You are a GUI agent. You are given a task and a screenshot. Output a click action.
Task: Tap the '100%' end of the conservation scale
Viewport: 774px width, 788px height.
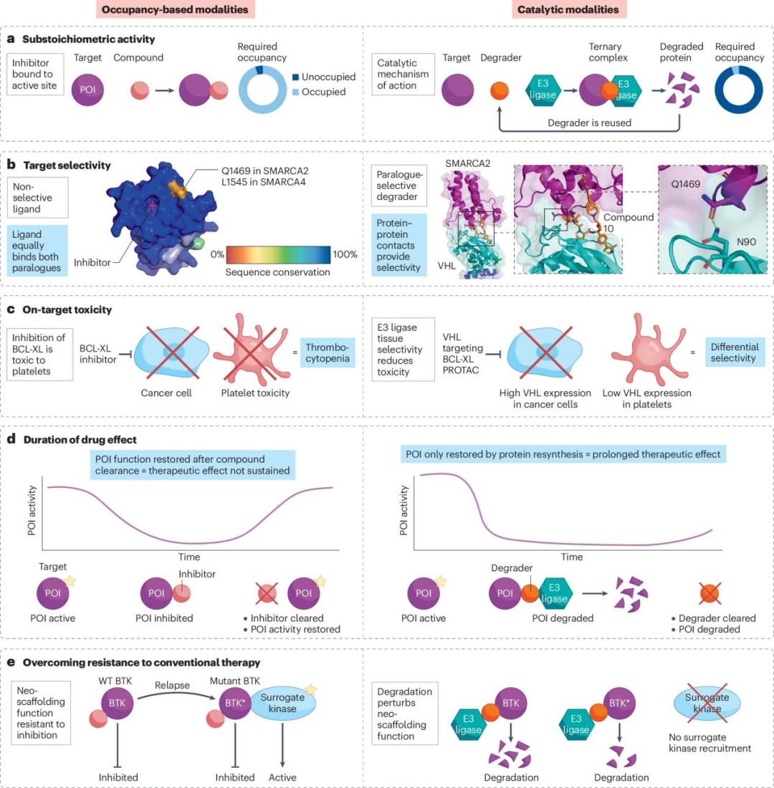point(346,253)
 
